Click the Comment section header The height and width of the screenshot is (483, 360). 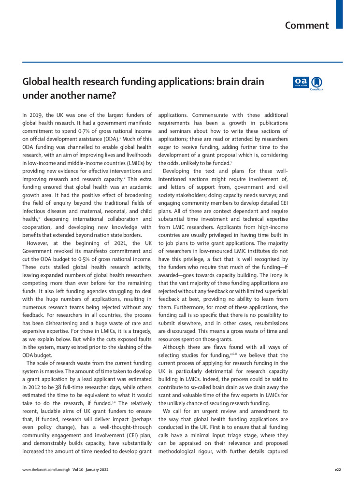pos(307,25)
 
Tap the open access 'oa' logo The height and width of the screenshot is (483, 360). pos(301,83)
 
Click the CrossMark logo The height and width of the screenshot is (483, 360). pos(317,83)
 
